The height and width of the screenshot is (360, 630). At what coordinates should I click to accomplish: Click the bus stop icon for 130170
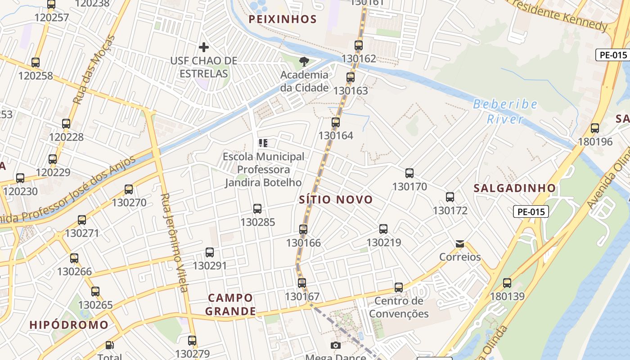click(x=409, y=173)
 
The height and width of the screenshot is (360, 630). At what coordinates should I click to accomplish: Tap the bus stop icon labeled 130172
click(x=450, y=197)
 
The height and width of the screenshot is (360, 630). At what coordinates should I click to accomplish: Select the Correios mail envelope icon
click(x=459, y=244)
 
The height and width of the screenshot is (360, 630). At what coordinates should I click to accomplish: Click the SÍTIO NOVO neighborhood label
click(x=336, y=199)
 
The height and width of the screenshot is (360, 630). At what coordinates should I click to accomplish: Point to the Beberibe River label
click(x=505, y=112)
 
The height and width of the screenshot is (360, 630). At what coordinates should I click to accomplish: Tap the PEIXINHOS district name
click(x=283, y=19)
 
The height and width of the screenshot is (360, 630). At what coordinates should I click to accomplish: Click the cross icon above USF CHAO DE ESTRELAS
click(x=204, y=47)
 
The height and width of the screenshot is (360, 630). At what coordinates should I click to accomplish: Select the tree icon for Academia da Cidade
click(x=304, y=62)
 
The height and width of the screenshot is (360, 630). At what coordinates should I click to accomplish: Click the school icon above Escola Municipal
click(x=263, y=143)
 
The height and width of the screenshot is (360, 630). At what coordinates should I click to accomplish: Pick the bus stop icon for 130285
click(x=257, y=209)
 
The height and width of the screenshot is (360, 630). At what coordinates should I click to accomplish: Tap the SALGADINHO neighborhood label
click(x=514, y=188)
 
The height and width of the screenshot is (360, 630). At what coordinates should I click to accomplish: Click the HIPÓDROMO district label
click(x=69, y=325)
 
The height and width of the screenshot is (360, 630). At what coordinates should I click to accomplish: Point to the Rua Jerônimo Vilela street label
click(x=174, y=243)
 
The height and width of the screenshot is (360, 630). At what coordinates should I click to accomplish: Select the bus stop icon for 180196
click(x=595, y=128)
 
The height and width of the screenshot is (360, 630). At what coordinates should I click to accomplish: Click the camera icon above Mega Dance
click(x=335, y=345)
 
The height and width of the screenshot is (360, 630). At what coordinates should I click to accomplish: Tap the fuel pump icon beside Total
click(x=109, y=345)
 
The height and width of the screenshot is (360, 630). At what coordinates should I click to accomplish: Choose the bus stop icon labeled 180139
click(x=507, y=283)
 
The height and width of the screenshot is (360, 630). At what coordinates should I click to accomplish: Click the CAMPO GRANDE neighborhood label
click(x=230, y=304)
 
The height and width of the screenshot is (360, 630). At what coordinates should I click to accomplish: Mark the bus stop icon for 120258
click(x=36, y=63)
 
